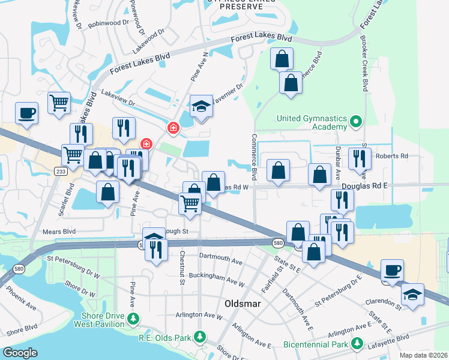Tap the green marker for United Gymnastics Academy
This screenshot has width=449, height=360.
click(356, 122)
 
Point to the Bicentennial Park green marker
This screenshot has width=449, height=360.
click(357, 343)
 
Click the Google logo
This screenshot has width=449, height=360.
click(20, 353)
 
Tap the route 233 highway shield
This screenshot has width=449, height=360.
click(62, 171)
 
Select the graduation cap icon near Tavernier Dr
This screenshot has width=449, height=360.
click(202, 107)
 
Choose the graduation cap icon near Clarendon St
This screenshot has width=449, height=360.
click(412, 295)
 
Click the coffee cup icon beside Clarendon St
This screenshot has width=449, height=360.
click(392, 270)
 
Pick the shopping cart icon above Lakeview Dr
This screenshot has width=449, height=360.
click(59, 103)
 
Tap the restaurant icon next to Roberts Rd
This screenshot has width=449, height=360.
click(359, 158)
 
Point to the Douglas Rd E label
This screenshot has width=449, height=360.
click(365, 186)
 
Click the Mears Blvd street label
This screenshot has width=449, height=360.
click(59, 230)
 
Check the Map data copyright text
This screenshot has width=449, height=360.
click(424, 355)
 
